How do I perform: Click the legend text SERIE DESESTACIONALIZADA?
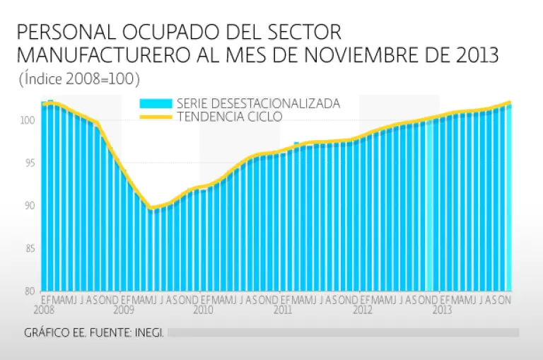click(x=258, y=103)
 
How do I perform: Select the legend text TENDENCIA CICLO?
click(x=229, y=116)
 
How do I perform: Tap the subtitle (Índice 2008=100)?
click(x=79, y=79)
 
